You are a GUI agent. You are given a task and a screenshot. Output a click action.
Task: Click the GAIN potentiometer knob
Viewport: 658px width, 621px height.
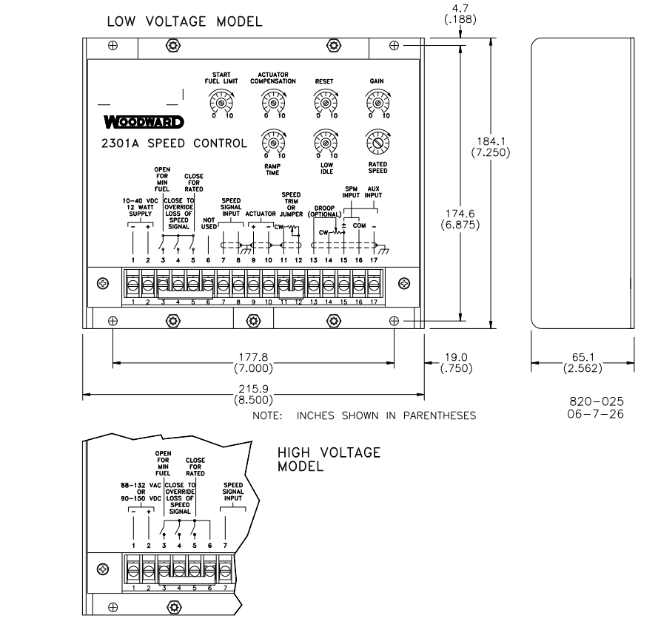[377, 104]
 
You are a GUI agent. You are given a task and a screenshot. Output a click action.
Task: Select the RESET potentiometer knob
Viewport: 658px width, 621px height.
[324, 104]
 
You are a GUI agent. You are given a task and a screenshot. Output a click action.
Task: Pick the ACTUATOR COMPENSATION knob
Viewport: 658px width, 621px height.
[273, 104]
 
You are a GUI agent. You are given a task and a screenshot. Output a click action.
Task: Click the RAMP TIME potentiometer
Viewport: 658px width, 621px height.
[273, 141]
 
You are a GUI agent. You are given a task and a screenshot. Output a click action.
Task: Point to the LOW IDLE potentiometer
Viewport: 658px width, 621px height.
[324, 141]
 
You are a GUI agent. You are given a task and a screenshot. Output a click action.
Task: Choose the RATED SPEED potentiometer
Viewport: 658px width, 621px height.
[377, 141]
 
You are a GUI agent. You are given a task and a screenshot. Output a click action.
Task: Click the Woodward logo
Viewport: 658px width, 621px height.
[144, 121]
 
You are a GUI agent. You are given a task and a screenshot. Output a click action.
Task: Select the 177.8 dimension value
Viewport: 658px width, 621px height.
[252, 360]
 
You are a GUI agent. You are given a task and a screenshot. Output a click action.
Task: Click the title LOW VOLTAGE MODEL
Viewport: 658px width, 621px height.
[184, 22]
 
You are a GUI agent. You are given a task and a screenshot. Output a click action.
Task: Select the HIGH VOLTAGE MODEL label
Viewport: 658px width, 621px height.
[329, 459]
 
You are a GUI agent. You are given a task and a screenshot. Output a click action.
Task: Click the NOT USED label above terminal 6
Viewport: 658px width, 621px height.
[208, 223]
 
